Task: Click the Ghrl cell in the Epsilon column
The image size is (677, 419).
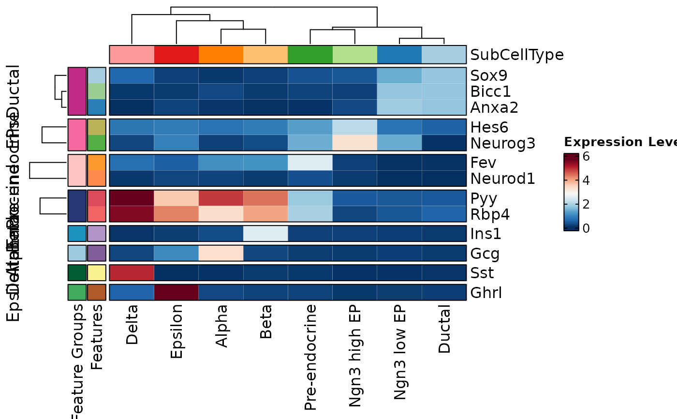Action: (x=177, y=293)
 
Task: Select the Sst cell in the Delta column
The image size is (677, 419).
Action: (x=132, y=273)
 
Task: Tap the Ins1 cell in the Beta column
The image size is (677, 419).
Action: (x=265, y=234)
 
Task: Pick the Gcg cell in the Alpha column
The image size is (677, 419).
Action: (x=221, y=254)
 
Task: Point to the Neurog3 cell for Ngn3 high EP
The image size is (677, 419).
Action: (x=354, y=143)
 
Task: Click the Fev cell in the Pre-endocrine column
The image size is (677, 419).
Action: (x=310, y=163)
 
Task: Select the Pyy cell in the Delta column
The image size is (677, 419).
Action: (x=132, y=198)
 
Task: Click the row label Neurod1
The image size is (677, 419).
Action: (x=503, y=179)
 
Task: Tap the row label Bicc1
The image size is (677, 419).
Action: (x=490, y=91)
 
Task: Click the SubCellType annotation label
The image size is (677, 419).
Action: (x=517, y=55)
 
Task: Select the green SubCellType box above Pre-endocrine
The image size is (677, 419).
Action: (x=310, y=55)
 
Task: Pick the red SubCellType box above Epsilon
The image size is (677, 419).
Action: (x=177, y=55)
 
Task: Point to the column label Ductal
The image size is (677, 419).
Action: (x=444, y=329)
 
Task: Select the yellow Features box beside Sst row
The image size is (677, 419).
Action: (x=97, y=273)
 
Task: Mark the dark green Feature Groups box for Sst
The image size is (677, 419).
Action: (x=77, y=273)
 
